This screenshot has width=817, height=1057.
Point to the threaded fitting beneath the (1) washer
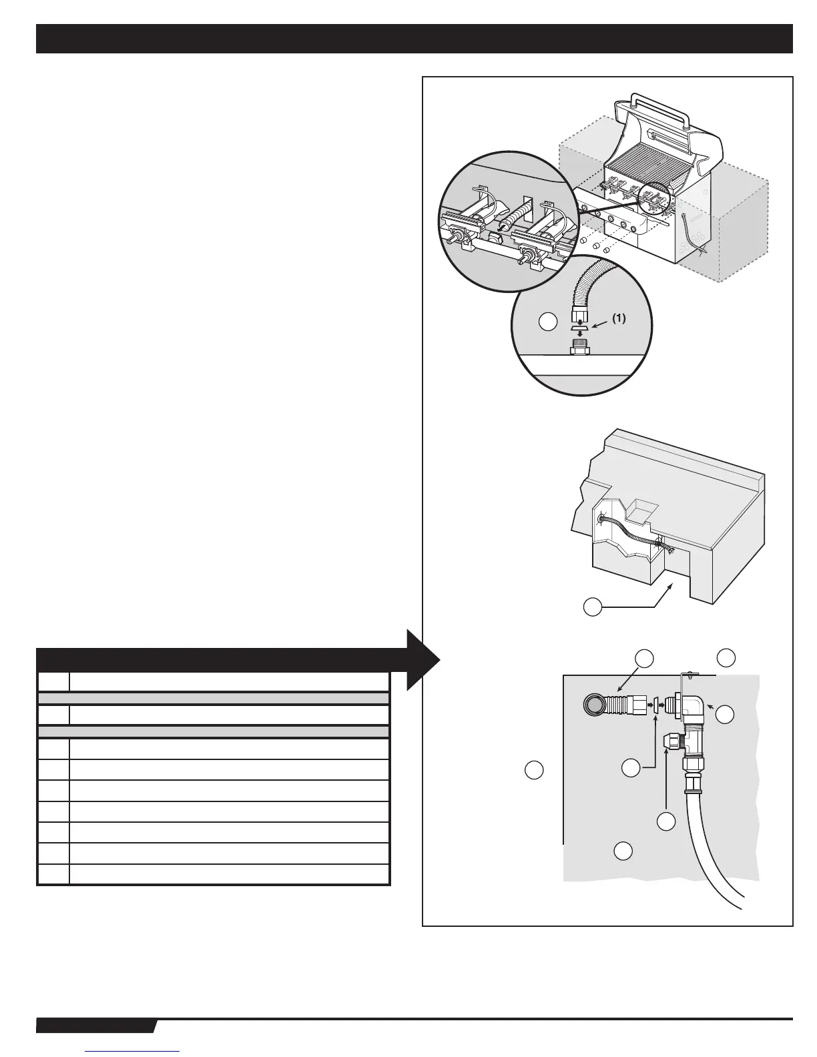tap(578, 348)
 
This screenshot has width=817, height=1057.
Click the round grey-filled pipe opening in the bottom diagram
tap(593, 705)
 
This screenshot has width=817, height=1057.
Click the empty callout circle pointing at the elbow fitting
tap(726, 715)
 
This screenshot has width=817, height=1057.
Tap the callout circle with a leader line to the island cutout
tap(592, 607)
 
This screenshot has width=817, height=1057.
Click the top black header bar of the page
tap(414, 39)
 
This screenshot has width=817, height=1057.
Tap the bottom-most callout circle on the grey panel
tap(623, 850)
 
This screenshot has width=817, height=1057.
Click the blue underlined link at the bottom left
tap(133, 1051)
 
